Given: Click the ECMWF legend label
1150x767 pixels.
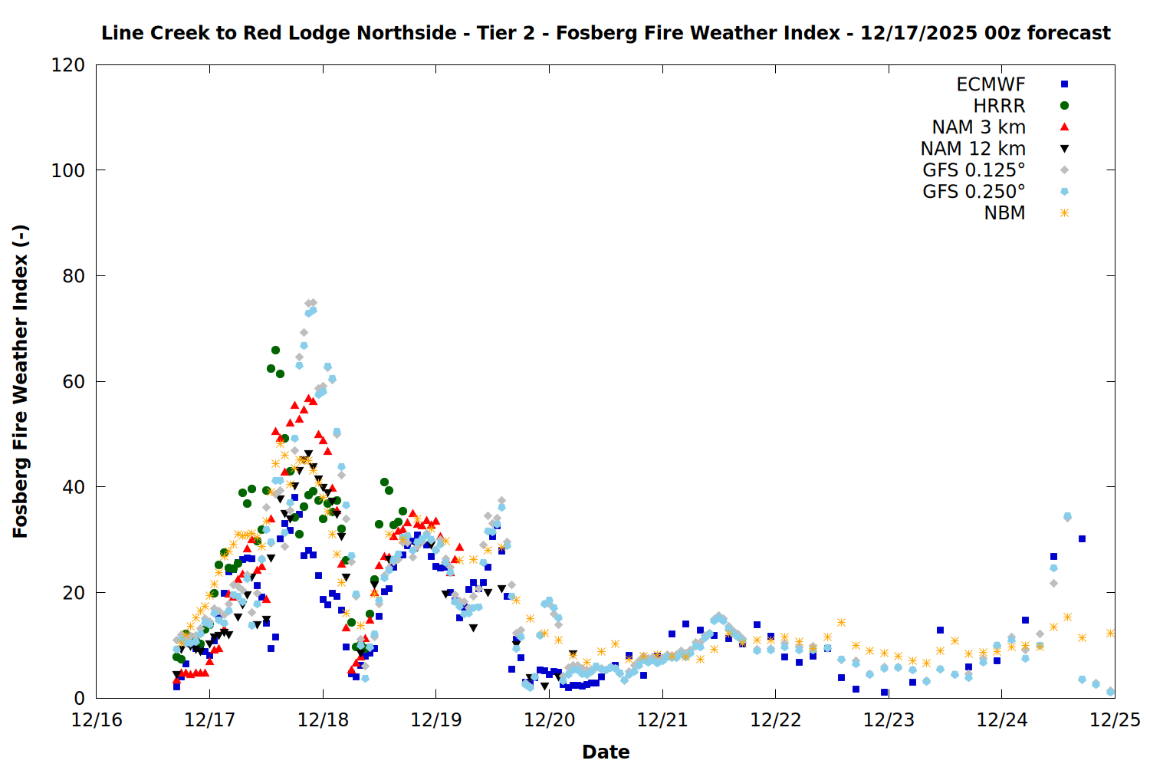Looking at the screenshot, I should tap(991, 84).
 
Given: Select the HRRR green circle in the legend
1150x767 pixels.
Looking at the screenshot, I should tap(1064, 106).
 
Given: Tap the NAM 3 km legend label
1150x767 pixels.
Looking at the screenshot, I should tap(978, 127).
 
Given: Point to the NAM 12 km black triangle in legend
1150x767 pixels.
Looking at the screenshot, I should tap(1064, 149).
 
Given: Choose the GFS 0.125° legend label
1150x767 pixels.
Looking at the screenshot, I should tap(974, 170).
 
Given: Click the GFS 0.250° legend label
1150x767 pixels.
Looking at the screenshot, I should tap(974, 192).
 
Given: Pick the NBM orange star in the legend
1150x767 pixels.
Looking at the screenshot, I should tap(1064, 213).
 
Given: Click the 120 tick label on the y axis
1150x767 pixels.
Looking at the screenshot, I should tap(68, 65).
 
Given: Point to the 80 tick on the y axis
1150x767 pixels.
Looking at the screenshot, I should tap(74, 276).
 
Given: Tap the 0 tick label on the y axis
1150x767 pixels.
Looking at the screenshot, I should tap(79, 699).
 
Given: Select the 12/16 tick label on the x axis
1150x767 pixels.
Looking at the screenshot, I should tap(97, 720).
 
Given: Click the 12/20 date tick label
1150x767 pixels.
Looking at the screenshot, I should tap(549, 720).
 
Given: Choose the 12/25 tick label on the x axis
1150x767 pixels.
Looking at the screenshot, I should tap(1115, 720).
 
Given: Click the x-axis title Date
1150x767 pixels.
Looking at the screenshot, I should tap(606, 752).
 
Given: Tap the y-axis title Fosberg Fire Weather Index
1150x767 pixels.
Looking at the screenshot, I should tap(21, 381).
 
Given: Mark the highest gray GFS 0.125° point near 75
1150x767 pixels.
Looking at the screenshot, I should tap(311, 303).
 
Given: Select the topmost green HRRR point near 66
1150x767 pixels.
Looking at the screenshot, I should tap(275, 350).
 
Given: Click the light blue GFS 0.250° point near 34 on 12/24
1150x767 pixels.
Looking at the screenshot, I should tap(1067, 517).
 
